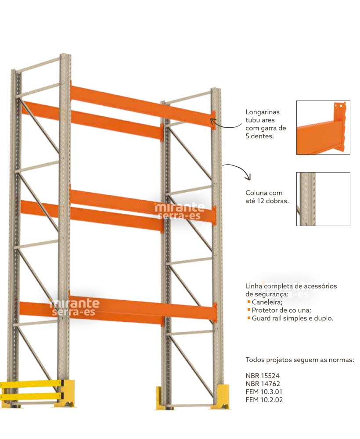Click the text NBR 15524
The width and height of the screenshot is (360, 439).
click(263, 375)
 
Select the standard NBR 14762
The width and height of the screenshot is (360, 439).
click(263, 384)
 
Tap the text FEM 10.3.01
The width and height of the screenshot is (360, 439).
click(264, 392)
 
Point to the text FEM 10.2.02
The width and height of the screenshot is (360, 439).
click(264, 400)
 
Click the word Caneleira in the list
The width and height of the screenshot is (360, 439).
click(267, 302)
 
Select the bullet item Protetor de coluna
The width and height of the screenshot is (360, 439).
click(281, 310)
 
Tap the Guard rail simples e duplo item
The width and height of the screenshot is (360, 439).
click(292, 318)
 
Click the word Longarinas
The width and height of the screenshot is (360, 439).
click(263, 112)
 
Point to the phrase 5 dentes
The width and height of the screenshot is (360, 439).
click(259, 137)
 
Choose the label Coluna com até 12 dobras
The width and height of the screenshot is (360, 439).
click(267, 197)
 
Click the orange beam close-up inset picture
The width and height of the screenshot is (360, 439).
click(323, 127)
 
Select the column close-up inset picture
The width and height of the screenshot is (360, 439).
click(323, 199)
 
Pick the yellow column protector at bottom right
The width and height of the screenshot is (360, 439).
click(223, 397)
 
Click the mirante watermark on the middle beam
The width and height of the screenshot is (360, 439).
click(179, 211)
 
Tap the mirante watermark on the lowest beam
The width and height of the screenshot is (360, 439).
click(74, 307)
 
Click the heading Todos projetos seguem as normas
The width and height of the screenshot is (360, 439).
click(300, 360)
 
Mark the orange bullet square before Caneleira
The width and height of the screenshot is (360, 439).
click(249, 302)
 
